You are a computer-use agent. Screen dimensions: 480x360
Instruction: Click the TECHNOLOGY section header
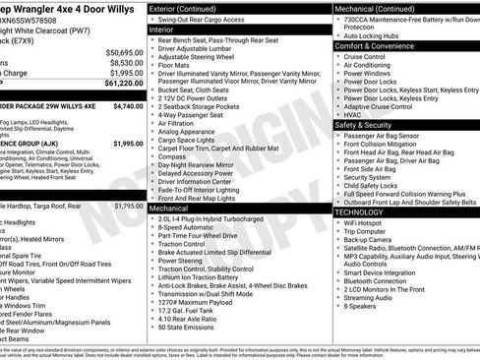coord(358,211)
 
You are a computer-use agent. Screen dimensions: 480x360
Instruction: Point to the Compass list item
coord(172,155)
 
